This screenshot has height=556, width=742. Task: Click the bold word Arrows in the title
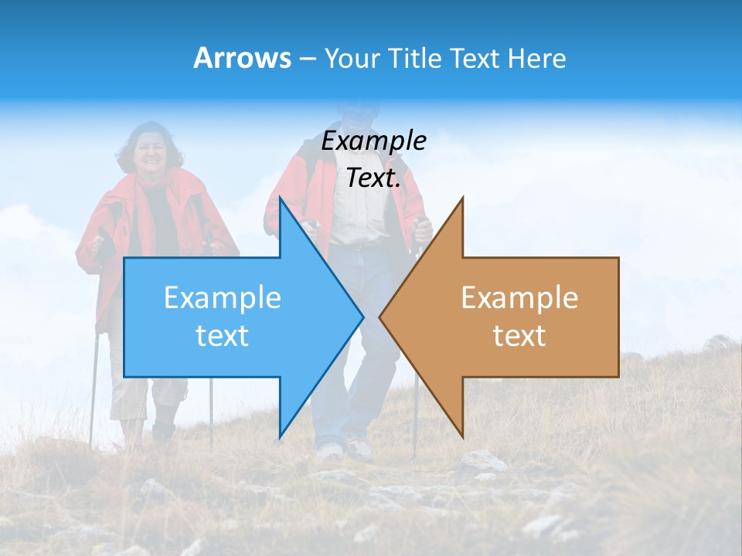[x=242, y=58]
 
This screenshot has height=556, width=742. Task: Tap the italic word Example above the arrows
[x=373, y=141]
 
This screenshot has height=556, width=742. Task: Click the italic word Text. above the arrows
[x=373, y=178]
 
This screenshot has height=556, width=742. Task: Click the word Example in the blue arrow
[x=223, y=297]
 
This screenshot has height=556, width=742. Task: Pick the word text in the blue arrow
[x=222, y=336]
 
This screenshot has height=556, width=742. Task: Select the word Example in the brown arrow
[x=519, y=297]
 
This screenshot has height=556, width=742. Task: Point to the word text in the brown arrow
[x=519, y=336]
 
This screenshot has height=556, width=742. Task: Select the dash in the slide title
[x=307, y=59]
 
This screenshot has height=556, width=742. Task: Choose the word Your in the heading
[x=352, y=59]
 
